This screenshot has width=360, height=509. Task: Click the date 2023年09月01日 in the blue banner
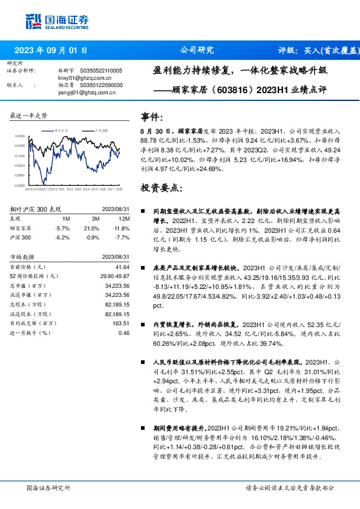point(51,50)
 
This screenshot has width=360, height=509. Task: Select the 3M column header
point(95,218)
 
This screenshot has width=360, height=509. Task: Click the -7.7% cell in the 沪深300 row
point(123,237)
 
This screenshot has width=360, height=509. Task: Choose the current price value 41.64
point(123,267)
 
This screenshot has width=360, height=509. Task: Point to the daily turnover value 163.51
point(122,323)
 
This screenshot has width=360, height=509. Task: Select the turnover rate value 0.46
point(124,332)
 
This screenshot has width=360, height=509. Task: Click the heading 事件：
point(152,117)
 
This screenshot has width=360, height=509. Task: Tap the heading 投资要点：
point(161,188)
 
